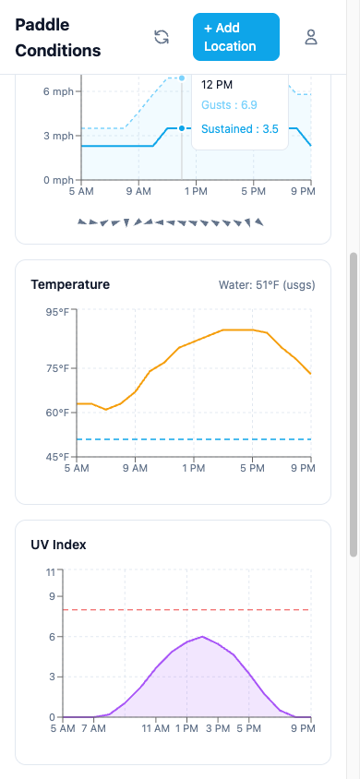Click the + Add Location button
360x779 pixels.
coord(235,37)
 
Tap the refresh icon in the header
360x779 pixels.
coord(162,37)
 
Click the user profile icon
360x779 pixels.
coord(311,37)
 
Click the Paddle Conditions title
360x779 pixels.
coord(57,37)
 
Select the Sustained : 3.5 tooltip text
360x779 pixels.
coord(239,129)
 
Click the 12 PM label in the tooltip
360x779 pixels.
coord(217,84)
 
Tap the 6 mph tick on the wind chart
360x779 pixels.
coord(57,91)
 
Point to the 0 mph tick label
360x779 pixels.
coord(57,180)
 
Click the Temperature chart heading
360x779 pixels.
coord(70,284)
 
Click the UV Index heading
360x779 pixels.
coord(58,545)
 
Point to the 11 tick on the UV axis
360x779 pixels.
coord(53,572)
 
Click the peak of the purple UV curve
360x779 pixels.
coord(202,636)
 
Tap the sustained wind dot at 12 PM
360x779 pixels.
coord(182,128)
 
